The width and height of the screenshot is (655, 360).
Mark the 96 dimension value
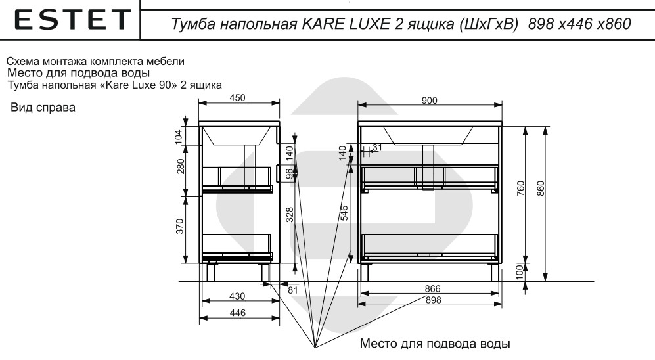[x=289, y=174]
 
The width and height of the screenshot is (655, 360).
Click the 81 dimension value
[x=293, y=288]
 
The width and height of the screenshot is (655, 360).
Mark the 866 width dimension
[x=432, y=289]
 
